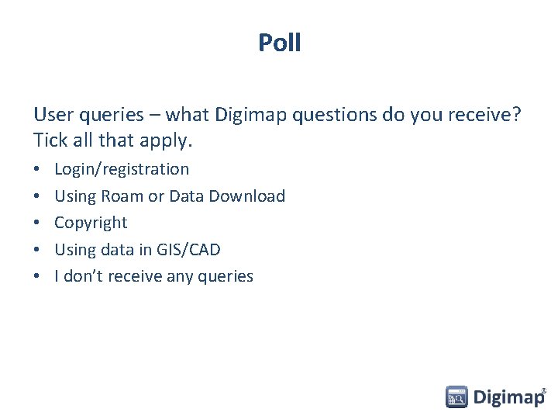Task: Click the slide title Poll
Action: point(279,43)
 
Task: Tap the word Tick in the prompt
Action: point(50,141)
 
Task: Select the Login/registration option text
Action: point(122,169)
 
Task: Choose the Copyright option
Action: point(91,223)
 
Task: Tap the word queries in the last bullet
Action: point(224,277)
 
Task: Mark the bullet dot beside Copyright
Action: point(38,223)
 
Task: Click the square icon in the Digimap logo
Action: point(456,397)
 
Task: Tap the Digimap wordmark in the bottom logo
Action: point(508,398)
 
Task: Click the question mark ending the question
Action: point(517,116)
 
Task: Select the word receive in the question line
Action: point(482,116)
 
